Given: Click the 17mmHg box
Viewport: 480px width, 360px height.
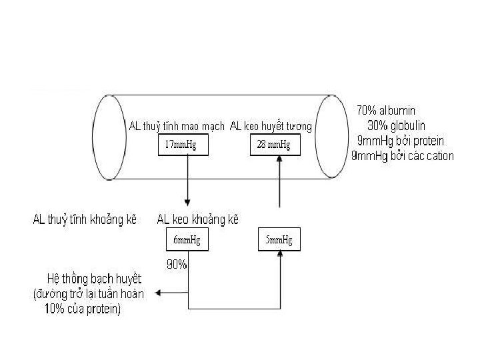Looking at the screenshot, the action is (x=180, y=146).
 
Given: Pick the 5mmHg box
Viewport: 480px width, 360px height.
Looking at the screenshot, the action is (x=279, y=240).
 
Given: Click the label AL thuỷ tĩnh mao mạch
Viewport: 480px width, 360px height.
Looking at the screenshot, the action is (x=176, y=127).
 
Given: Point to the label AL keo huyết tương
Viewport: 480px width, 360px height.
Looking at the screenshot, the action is (x=271, y=127).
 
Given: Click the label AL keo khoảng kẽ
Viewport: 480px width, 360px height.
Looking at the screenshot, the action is (x=197, y=219).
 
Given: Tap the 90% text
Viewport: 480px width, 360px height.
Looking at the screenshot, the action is (x=176, y=264).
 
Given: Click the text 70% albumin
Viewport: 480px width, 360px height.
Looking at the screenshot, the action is (x=388, y=110).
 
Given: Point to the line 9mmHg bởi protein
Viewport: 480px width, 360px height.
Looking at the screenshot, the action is (x=401, y=141).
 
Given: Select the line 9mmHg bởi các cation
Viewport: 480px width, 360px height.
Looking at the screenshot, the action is (x=403, y=157).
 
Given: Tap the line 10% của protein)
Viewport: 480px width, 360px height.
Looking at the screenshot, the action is (x=83, y=309).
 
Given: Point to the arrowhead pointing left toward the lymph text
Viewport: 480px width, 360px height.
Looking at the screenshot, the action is (x=156, y=293).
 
